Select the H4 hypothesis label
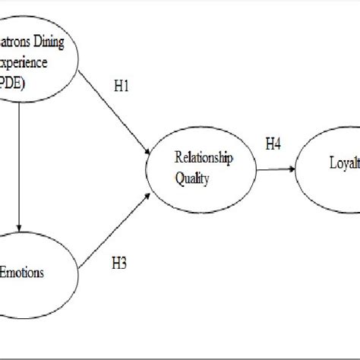(274, 144)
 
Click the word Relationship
(204, 158)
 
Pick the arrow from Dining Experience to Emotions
(18, 167)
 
